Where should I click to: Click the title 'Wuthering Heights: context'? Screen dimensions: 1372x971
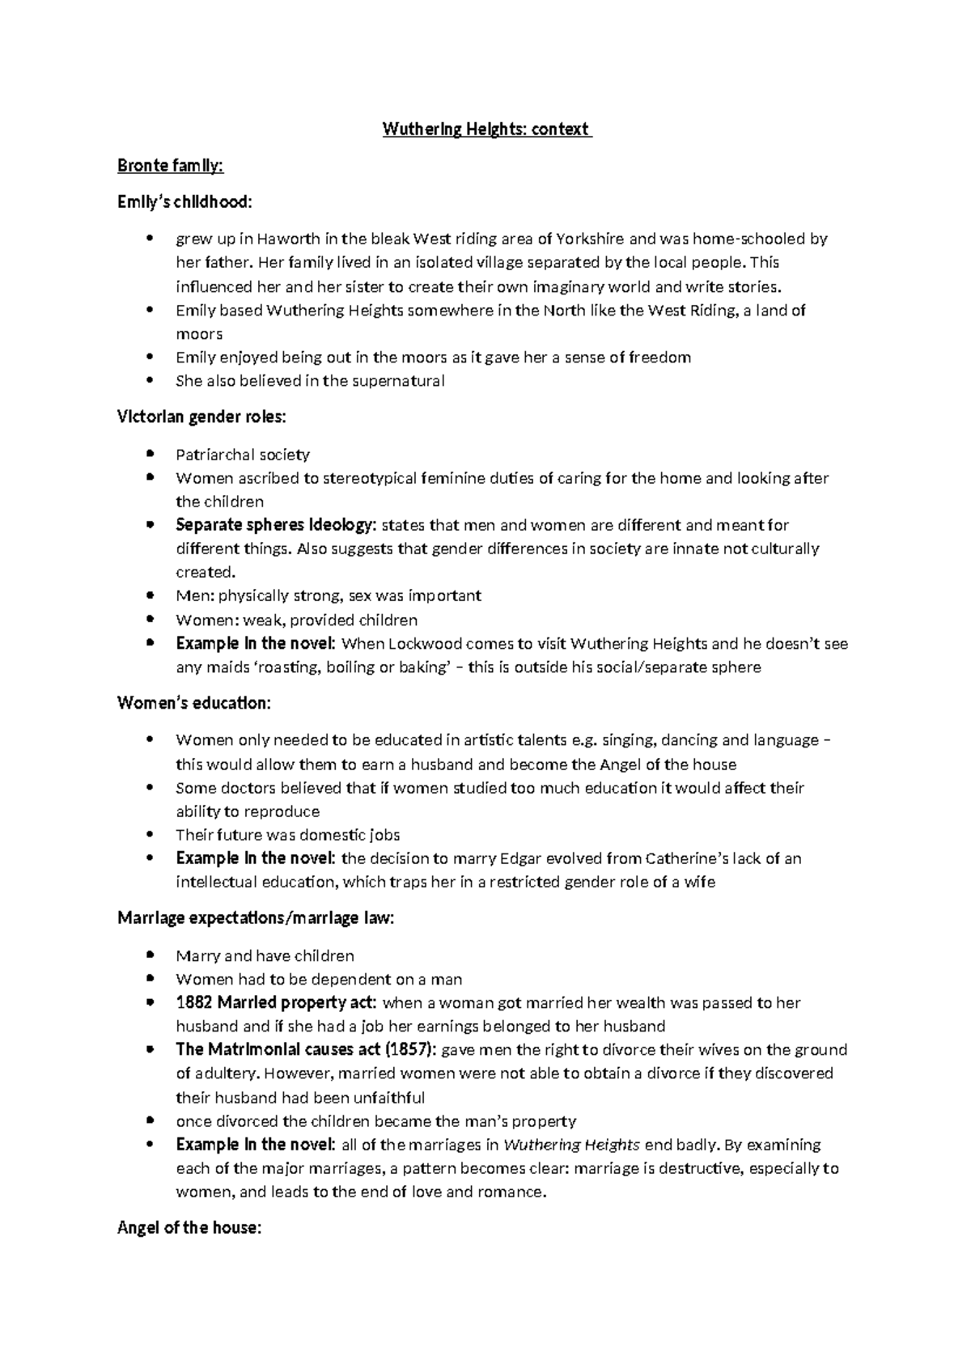487,129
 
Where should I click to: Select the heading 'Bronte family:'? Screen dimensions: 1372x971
170,166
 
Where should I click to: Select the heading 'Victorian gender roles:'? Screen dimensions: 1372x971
201,417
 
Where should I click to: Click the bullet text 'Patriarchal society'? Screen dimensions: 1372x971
243,455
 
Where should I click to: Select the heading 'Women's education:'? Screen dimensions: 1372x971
194,703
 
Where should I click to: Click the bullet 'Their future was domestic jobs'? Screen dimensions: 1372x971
287,835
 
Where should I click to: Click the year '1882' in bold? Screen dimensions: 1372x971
194,1003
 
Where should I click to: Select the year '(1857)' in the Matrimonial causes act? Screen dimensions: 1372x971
411,1050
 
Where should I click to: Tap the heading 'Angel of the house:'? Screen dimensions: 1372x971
189,1228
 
